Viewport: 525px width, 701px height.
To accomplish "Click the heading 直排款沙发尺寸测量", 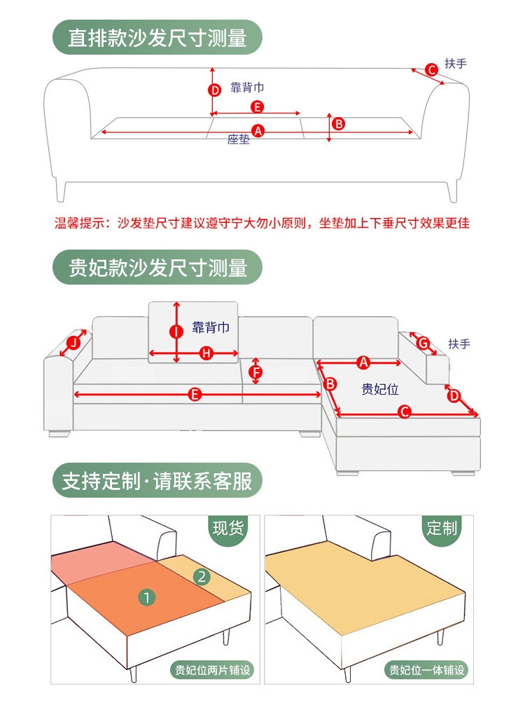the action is [x=157, y=38].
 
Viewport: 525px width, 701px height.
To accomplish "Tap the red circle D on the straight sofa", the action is [x=216, y=90].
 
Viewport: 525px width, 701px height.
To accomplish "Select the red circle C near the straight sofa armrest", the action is [x=432, y=69].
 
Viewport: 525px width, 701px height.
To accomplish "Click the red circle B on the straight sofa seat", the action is [x=338, y=124].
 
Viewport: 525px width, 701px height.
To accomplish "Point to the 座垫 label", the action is [x=238, y=139].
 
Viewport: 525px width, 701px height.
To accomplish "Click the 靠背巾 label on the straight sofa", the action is [x=247, y=88].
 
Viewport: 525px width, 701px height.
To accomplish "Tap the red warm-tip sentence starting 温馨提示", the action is [x=262, y=224].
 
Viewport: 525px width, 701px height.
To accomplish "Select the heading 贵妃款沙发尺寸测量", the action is [x=157, y=268].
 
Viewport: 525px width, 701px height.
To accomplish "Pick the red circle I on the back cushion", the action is [x=176, y=331].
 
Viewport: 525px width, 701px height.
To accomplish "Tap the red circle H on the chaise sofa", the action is [x=206, y=354].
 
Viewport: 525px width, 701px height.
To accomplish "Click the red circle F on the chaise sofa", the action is [x=256, y=372].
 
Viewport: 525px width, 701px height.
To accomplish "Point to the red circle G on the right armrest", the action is [x=423, y=343].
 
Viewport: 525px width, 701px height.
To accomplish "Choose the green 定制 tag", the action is [x=442, y=527].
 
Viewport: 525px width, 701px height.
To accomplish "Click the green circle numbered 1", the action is [x=147, y=597].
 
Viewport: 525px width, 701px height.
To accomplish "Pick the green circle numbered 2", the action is [x=202, y=577].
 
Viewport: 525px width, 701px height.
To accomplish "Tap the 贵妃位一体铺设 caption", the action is [x=427, y=669].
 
